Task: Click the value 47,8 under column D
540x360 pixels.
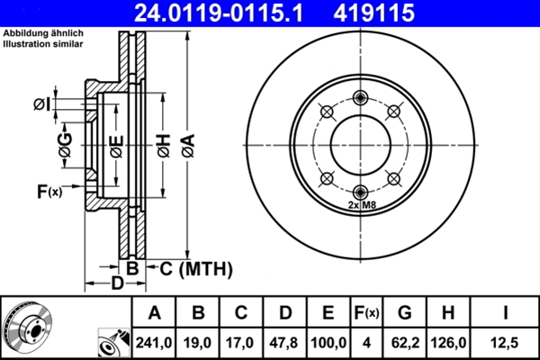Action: pos(285,342)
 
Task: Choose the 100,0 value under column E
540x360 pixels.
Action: pos(328,342)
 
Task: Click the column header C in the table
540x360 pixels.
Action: pos(242,313)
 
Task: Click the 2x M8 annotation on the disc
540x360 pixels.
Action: pos(361,205)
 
